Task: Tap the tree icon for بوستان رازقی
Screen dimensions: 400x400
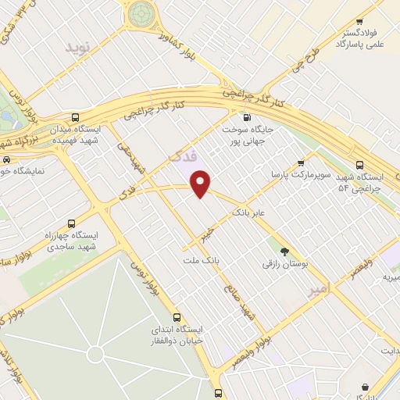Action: [x=284, y=252]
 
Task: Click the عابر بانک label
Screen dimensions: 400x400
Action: [x=250, y=212]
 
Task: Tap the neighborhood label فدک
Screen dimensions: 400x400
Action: [x=179, y=156]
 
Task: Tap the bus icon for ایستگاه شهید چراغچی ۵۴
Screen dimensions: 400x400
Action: [x=359, y=165]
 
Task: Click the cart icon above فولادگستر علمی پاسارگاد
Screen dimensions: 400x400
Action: [x=359, y=22]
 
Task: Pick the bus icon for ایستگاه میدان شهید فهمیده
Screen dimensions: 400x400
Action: [x=75, y=116]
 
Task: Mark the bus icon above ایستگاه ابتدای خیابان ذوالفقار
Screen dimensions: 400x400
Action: [x=177, y=317]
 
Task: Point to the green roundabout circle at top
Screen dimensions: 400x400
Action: [x=141, y=12]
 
